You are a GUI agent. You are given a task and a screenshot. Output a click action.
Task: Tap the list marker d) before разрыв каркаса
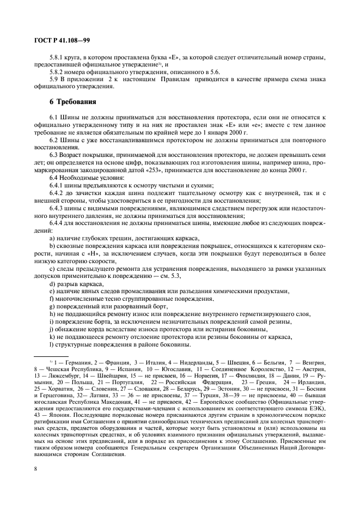[52, 284]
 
